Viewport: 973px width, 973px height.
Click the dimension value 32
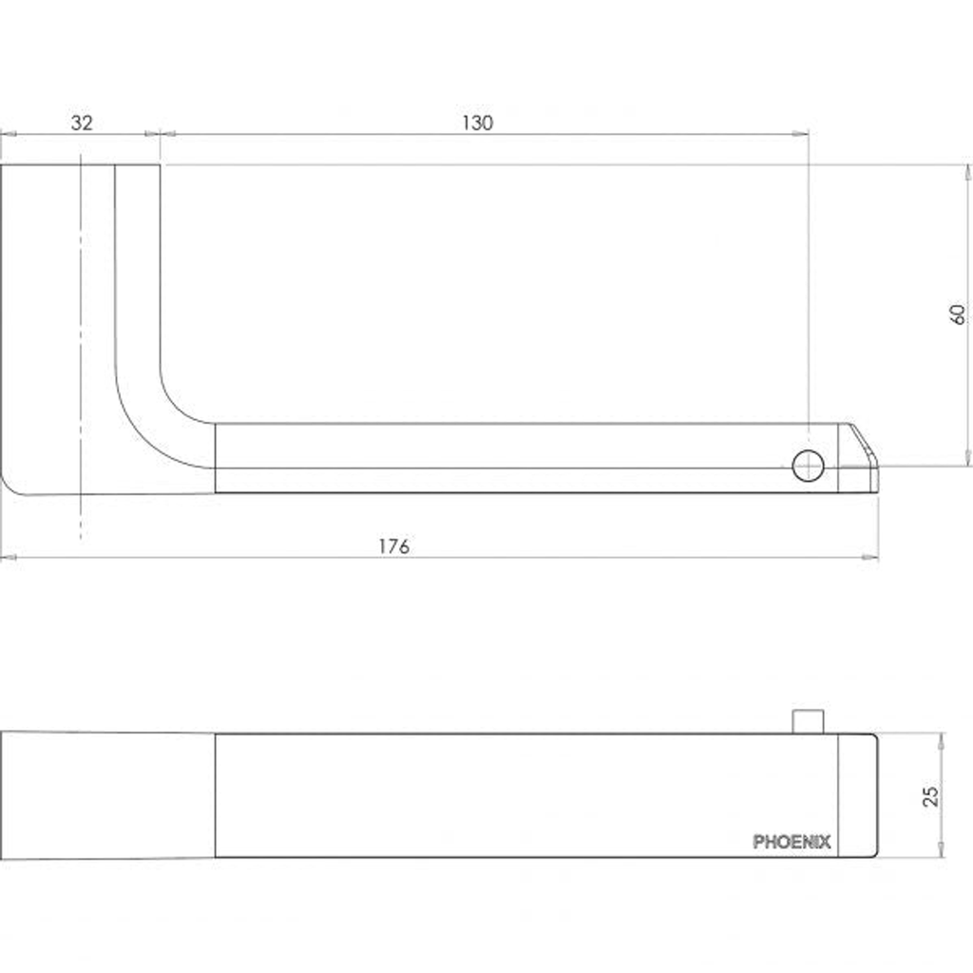click(x=82, y=123)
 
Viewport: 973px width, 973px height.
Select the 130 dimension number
click(x=477, y=123)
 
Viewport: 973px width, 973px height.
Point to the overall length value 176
click(x=394, y=546)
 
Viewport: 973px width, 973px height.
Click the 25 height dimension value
click(x=931, y=796)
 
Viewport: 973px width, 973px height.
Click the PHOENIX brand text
click(x=792, y=842)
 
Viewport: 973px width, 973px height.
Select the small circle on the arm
click(x=808, y=466)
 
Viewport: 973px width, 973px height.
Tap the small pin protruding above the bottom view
click(x=808, y=722)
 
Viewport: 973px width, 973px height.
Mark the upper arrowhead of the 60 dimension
click(x=967, y=173)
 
